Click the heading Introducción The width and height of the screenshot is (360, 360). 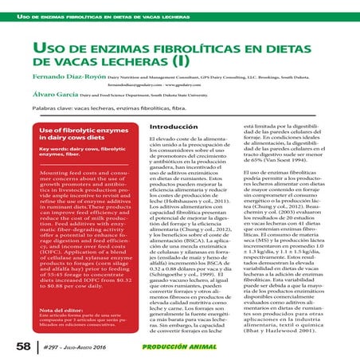(174, 127)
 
